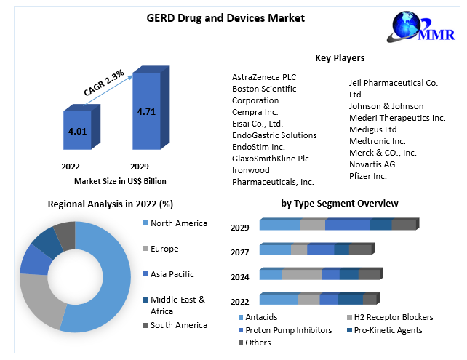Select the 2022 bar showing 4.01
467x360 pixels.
[x=76, y=131]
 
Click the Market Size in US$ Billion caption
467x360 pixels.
[x=120, y=180]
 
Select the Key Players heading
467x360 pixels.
[x=340, y=57]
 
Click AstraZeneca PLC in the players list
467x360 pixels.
[x=264, y=77]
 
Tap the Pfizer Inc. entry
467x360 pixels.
[x=368, y=175]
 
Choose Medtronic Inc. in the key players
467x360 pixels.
[x=378, y=140]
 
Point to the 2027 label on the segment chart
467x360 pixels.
[x=240, y=252]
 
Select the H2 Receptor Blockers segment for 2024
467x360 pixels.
[x=301, y=274]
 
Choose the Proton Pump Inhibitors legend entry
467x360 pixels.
[x=287, y=330]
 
